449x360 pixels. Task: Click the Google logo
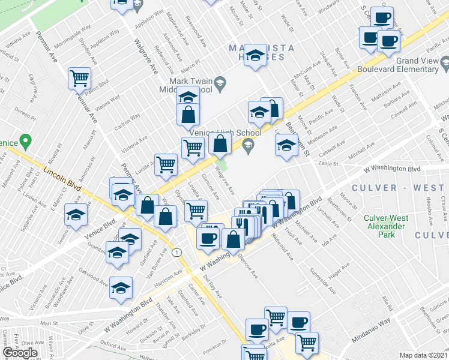click(20, 353)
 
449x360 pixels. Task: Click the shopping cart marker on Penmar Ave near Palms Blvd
click(79, 77)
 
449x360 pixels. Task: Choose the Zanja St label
click(345, 163)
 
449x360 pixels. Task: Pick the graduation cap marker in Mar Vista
click(255, 56)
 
